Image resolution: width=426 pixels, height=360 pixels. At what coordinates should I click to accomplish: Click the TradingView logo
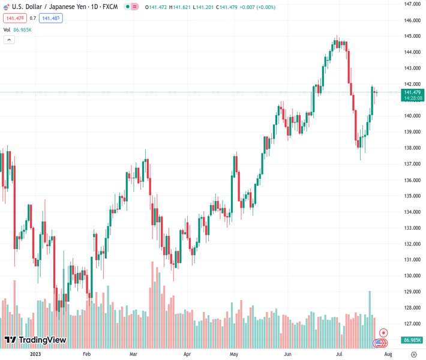(x=35, y=341)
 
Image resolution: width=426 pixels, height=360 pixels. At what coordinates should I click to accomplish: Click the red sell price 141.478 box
(x=14, y=18)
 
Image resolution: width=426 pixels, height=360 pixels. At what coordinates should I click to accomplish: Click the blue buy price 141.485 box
(x=51, y=18)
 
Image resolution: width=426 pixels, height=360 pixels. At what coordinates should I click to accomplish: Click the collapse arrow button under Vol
(x=9, y=40)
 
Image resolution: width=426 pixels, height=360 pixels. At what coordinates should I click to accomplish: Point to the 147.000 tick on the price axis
(x=411, y=4)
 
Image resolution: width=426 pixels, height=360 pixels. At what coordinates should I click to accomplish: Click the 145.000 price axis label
(x=411, y=36)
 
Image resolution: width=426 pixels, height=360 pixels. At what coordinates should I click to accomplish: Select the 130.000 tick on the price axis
(x=411, y=276)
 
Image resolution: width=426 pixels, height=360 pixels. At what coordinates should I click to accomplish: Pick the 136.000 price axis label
(x=411, y=180)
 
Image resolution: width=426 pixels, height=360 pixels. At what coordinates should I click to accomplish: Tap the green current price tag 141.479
(x=413, y=92)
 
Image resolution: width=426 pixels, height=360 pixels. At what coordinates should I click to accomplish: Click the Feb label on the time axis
(x=88, y=354)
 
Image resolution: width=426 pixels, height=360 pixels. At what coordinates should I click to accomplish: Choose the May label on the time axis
(x=234, y=354)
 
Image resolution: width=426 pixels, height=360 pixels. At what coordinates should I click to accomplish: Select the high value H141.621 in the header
(x=178, y=7)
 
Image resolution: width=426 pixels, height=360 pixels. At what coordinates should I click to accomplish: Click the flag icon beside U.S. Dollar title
(x=7, y=6)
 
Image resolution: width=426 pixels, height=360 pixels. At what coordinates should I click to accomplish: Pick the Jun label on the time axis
(x=288, y=354)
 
